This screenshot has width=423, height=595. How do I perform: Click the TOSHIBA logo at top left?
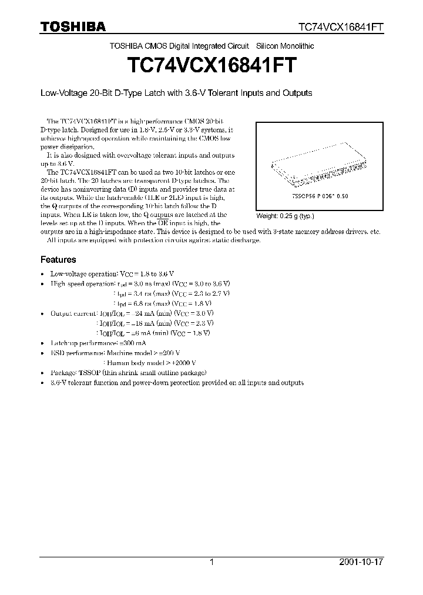pos(73,27)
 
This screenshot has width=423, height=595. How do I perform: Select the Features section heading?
pos(58,259)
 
